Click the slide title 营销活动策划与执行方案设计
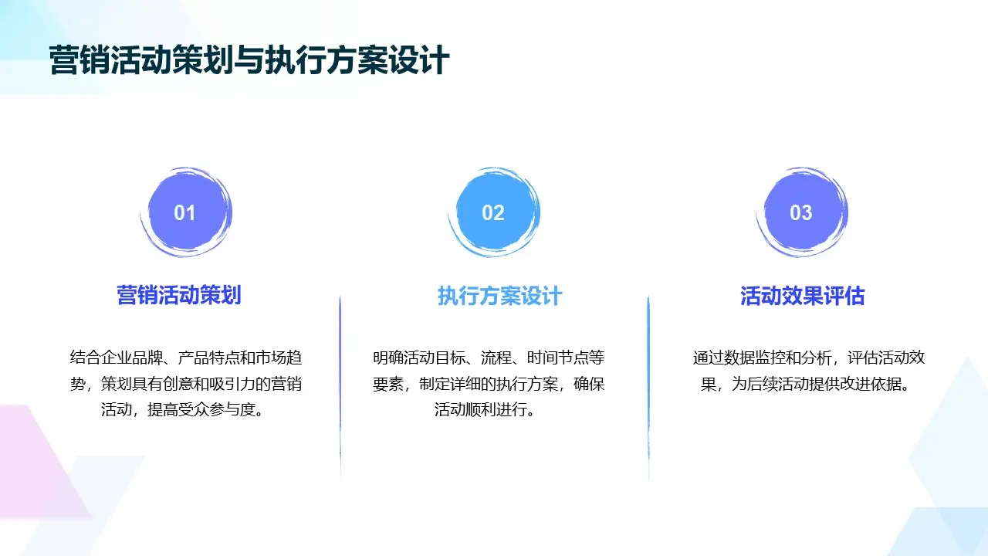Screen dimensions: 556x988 click(249, 60)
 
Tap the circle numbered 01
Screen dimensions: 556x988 click(185, 212)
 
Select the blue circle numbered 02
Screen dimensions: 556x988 click(493, 212)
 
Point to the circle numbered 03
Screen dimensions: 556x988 click(801, 212)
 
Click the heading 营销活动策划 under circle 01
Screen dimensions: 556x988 click(179, 295)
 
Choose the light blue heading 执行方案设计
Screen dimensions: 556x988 click(500, 296)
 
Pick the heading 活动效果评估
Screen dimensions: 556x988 click(803, 296)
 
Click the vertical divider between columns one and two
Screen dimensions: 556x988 click(340, 386)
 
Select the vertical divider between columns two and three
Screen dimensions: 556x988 click(648, 386)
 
